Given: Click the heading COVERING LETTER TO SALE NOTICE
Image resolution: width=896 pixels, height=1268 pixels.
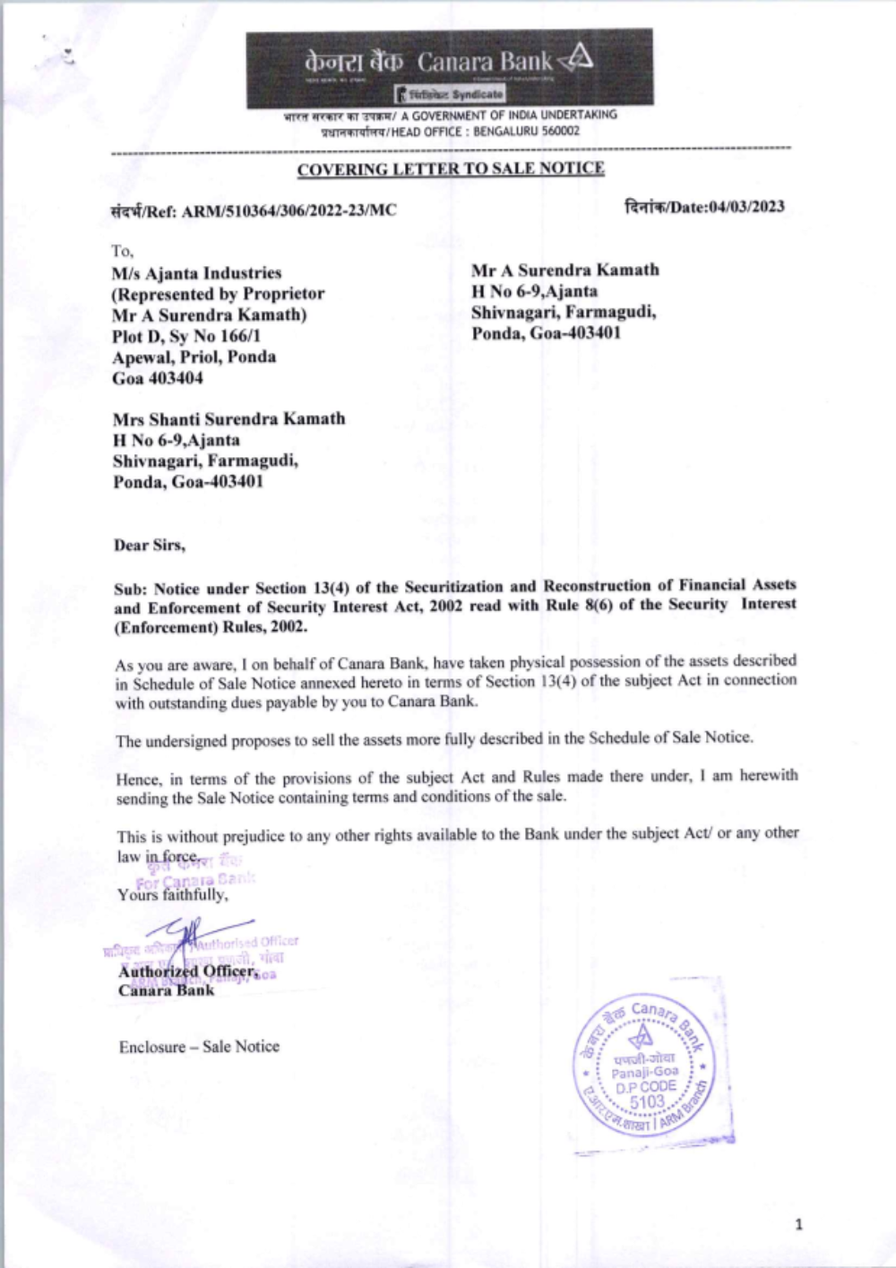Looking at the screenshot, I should [x=451, y=168].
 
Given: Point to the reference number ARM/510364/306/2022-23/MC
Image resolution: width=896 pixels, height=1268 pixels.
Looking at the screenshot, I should [x=289, y=211].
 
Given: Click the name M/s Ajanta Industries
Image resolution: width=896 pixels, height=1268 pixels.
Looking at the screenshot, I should [x=196, y=272].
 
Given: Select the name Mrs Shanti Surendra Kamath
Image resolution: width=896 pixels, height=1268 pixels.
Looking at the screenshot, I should [x=228, y=418].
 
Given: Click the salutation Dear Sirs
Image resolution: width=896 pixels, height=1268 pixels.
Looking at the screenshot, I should [x=149, y=545].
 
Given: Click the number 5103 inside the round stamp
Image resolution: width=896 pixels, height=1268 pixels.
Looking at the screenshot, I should [x=647, y=1102].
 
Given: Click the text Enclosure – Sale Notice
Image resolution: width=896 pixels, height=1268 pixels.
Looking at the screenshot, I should [x=199, y=1046].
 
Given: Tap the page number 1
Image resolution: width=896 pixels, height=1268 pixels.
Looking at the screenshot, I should [x=799, y=1224].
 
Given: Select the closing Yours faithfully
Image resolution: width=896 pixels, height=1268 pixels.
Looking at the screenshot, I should [x=172, y=894].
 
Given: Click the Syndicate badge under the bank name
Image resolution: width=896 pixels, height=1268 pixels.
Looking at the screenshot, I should [x=452, y=94].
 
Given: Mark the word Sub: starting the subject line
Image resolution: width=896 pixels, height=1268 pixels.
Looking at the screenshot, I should [x=130, y=589].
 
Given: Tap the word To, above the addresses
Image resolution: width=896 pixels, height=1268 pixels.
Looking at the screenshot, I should [x=122, y=251].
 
